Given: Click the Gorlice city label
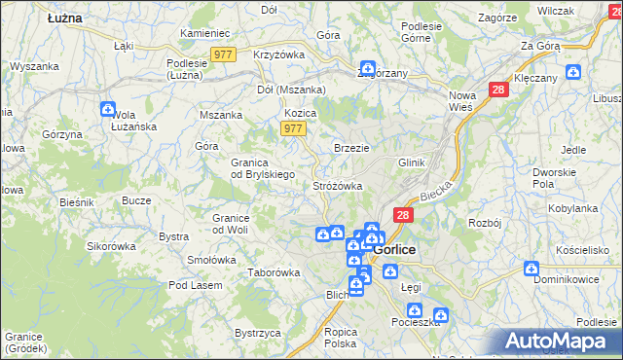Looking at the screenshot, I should [x=394, y=249].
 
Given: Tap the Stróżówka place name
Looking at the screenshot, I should [x=338, y=185].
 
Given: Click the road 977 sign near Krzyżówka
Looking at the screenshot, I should [x=222, y=55].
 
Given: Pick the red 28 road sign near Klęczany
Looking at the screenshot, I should [x=498, y=90].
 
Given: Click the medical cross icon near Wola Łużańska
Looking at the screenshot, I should [x=107, y=110].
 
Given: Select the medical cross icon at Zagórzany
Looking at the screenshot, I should [x=367, y=69].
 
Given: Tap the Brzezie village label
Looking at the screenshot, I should [x=351, y=148].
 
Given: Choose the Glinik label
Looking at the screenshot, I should [x=412, y=162].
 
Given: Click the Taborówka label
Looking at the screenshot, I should [x=274, y=272].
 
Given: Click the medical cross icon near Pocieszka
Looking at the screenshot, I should [x=441, y=315].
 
